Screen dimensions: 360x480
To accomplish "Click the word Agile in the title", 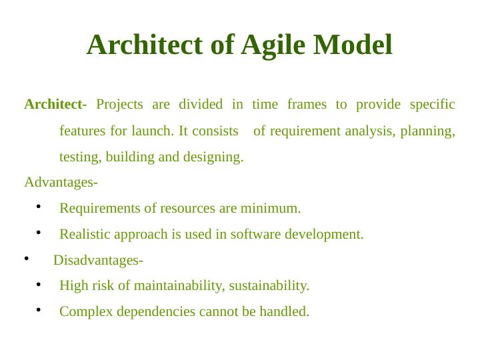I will coord(273,45).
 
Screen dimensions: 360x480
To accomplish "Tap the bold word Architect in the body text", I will coord(53,105).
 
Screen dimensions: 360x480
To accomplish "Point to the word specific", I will coord(432,105).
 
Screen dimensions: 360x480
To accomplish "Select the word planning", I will coord(427,131).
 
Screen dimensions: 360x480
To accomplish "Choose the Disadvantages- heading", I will coord(98,260).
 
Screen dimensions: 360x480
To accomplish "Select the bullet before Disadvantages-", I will coord(26,259).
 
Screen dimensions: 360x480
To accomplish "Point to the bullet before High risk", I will coord(39,285).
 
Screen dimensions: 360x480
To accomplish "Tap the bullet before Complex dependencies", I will coord(39,310).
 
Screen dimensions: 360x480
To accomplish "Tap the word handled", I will coord(287,312).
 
